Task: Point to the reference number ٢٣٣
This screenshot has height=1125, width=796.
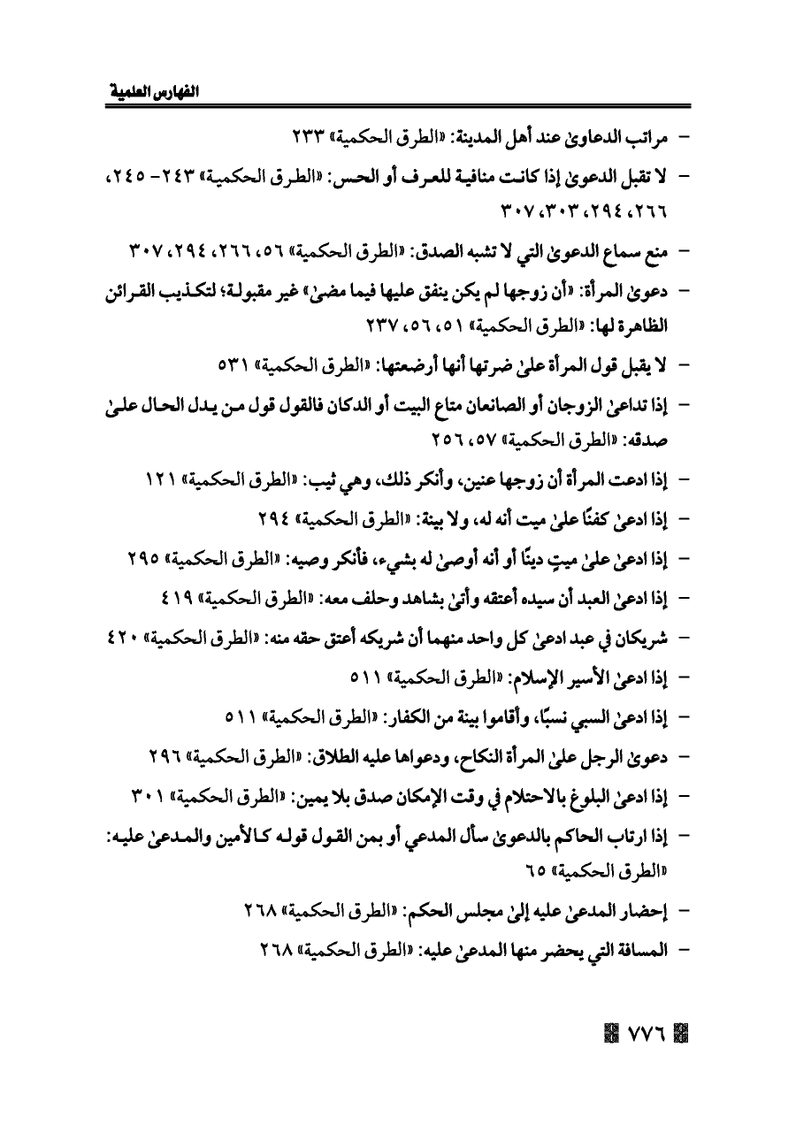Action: pos(308,140)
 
